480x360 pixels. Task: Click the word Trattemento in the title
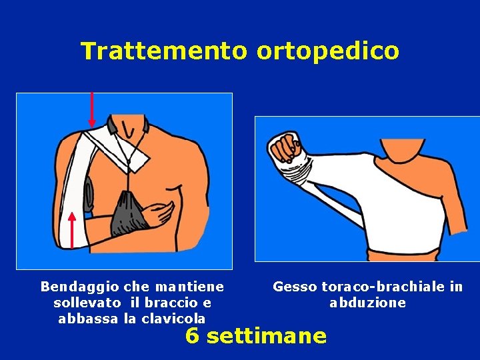(x=164, y=51)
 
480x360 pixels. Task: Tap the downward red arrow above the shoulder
(x=91, y=109)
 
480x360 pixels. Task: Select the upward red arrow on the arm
(x=71, y=231)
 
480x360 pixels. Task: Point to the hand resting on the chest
(x=158, y=214)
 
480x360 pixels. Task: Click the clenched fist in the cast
(x=285, y=147)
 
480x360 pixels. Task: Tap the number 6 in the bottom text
(x=193, y=336)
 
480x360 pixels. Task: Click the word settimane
(x=266, y=336)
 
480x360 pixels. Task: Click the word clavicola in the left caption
(x=173, y=319)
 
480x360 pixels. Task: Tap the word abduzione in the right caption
(x=367, y=303)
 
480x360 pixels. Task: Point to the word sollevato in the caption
(x=87, y=303)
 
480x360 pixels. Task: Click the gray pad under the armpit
(x=89, y=195)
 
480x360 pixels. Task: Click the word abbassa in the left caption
(x=88, y=319)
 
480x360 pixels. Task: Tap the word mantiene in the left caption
(x=189, y=287)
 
